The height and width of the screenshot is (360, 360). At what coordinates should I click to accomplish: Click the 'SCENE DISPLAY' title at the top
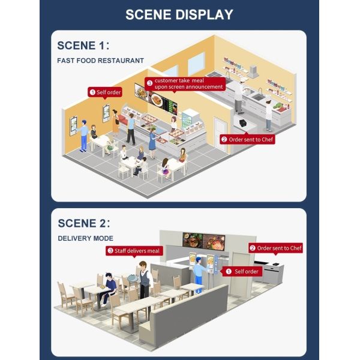pos(179,14)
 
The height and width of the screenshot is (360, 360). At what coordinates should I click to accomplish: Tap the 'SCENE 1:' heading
pos(83,45)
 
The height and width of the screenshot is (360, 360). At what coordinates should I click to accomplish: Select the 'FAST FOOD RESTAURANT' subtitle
pos(100,61)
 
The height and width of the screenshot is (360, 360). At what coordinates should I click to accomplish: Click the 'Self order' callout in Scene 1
pos(105,92)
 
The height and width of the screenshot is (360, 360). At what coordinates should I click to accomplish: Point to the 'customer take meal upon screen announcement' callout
pos(185,84)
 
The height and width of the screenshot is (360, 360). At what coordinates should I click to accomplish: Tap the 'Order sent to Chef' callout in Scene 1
pos(247,139)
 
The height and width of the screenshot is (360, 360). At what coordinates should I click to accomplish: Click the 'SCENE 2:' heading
pos(84,223)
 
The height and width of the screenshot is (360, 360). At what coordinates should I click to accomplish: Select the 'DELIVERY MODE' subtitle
pos(85,238)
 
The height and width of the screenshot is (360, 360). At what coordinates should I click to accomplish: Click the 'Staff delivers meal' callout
pos(134,251)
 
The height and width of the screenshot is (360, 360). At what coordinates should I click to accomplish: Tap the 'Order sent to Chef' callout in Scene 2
pos(275,248)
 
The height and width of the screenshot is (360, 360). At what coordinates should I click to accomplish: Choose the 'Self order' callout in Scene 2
pos(242,272)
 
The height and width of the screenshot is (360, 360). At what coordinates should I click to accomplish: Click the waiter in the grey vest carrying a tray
pos(144,280)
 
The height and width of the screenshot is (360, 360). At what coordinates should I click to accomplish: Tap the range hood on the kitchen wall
pos(253,71)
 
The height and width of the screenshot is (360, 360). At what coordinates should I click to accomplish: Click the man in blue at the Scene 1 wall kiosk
pos(83,136)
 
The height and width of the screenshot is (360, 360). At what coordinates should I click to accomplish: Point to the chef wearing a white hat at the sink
pos(239,97)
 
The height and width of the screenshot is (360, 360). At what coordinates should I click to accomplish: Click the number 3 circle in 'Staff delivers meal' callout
pos(110,250)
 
